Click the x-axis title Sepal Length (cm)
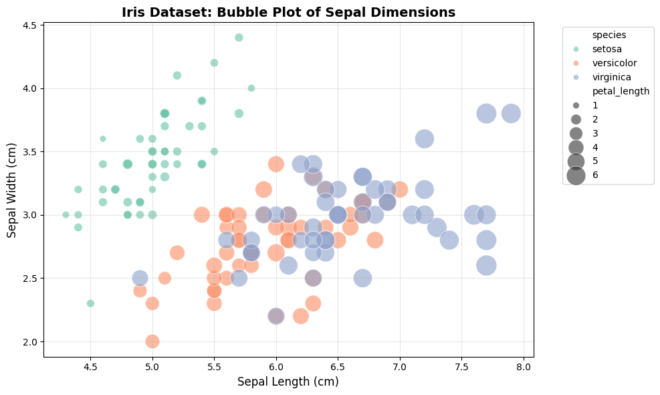coord(288,382)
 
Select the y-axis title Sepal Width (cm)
coord(12,189)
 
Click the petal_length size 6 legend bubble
coord(576,175)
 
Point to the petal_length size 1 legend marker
coord(576,105)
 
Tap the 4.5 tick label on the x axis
coord(90,367)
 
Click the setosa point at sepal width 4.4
coord(239,37)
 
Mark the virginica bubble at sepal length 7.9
coord(511,114)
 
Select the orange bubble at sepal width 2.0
coord(152,341)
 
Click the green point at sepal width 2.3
coord(90,303)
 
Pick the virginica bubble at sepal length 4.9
coord(140,278)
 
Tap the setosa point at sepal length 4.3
coord(66,215)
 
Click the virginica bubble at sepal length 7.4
coord(449,240)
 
